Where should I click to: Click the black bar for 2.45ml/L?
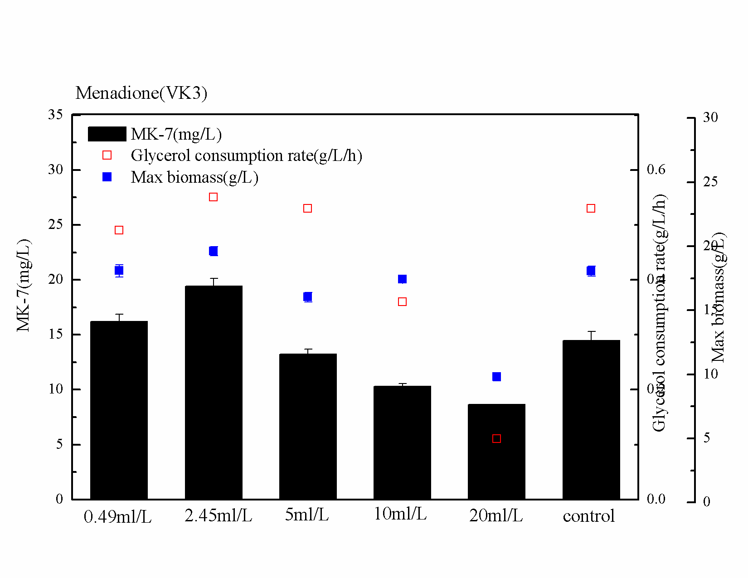click(214, 392)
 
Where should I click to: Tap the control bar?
click(591, 419)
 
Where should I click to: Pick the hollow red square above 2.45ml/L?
click(214, 197)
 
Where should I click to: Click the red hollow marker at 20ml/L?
click(496, 438)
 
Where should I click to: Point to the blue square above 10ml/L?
click(402, 279)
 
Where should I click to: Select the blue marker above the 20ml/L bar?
click(496, 377)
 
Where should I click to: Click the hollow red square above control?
click(591, 208)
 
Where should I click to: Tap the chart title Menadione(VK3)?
click(141, 93)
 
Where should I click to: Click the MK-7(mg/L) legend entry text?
click(176, 134)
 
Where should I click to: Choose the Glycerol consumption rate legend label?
click(246, 155)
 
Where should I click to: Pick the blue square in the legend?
click(107, 177)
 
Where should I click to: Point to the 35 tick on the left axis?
click(55, 115)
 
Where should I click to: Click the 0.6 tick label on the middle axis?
click(656, 170)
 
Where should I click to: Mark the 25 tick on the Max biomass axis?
click(710, 182)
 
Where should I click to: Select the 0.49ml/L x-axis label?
click(117, 516)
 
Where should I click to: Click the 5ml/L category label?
click(306, 515)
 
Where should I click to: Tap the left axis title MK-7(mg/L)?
click(24, 285)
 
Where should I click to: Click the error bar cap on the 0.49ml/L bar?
click(119, 314)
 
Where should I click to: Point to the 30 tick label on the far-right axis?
click(710, 117)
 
